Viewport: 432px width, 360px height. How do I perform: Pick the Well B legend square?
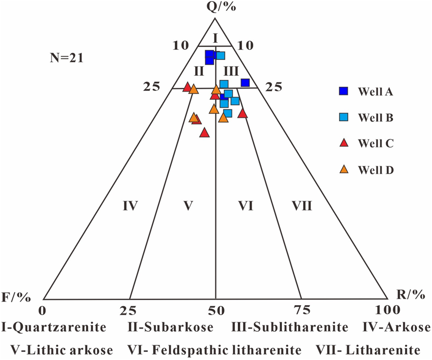coord(344,118)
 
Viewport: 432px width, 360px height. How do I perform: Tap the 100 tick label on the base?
coord(387,310)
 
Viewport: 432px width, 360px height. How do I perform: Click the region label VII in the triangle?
coord(302,207)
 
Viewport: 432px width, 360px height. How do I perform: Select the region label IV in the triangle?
coord(130,207)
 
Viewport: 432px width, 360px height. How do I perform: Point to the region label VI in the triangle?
coord(245,207)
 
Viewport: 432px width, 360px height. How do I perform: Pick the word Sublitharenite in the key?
coord(310,327)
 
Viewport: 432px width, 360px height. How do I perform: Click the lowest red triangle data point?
coord(204,133)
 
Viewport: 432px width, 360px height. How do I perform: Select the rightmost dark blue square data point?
coord(245,83)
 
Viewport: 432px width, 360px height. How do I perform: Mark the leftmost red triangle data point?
coord(187,87)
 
